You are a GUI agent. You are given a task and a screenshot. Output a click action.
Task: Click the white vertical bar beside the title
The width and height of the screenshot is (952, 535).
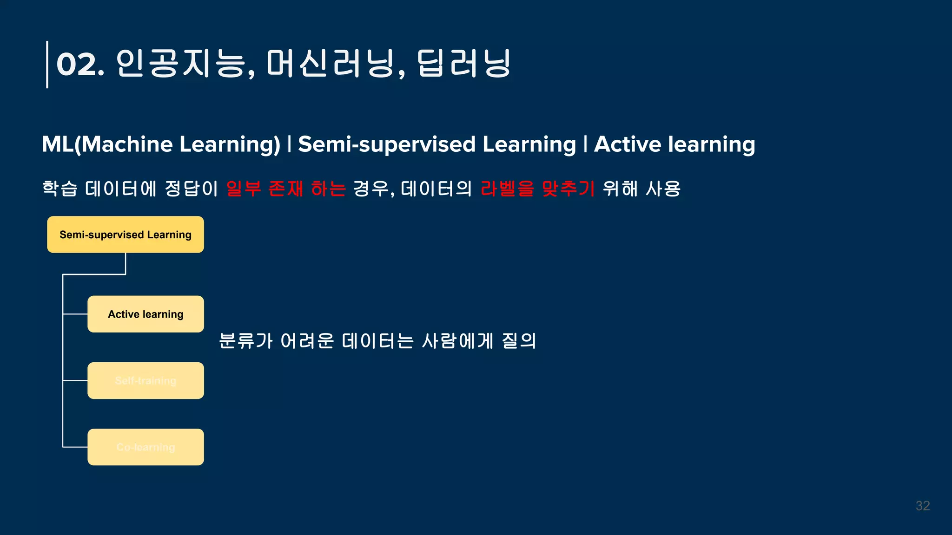click(x=47, y=65)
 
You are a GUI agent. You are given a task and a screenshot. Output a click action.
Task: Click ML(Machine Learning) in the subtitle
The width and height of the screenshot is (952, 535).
click(x=161, y=144)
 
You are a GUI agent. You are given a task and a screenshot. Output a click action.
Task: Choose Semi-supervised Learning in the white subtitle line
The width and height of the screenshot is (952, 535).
click(x=437, y=144)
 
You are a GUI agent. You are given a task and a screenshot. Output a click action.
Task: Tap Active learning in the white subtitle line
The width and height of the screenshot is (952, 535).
click(x=674, y=144)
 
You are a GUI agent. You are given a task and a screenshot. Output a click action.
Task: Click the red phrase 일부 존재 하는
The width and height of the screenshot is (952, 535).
click(x=286, y=189)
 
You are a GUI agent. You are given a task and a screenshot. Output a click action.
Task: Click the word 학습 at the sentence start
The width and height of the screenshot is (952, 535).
click(x=59, y=189)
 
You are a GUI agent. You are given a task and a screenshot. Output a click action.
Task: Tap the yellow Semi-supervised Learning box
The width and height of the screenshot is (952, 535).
click(x=126, y=235)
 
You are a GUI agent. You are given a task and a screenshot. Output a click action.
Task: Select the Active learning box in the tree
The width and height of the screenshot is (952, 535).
click(x=145, y=314)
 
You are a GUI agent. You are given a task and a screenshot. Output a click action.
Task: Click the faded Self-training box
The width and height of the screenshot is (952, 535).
click(x=145, y=380)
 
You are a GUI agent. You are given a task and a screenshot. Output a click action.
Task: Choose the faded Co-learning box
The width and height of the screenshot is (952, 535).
click(x=145, y=447)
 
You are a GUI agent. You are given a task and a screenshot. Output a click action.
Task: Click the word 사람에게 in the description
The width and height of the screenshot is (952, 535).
click(x=457, y=341)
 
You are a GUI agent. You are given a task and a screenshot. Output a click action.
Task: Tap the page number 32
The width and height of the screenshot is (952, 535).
click(x=922, y=506)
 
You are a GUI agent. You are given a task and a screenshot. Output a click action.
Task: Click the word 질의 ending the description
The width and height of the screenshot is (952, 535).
click(x=519, y=341)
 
